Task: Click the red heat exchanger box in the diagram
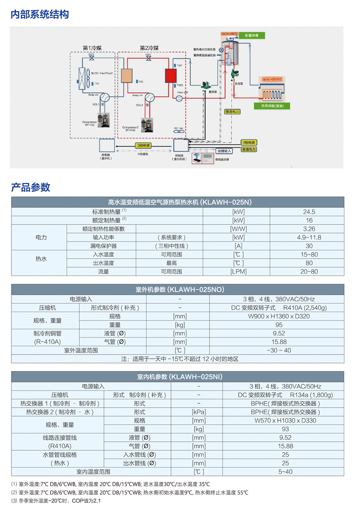tap(170, 76)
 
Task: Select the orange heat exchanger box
tap(126, 76)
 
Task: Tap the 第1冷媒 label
tap(92, 48)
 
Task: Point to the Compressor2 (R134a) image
tap(147, 125)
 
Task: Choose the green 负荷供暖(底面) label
tap(272, 106)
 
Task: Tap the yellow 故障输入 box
tap(224, 151)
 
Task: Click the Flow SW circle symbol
tap(179, 99)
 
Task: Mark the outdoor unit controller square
tap(107, 145)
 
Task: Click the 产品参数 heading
tap(30, 187)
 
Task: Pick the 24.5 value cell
tap(309, 212)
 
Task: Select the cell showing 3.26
tap(309, 229)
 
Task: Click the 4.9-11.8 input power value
tap(309, 237)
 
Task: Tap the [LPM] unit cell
tap(238, 271)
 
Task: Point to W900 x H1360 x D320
tap(279, 316)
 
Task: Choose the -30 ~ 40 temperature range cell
tap(279, 350)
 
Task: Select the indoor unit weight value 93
tap(285, 429)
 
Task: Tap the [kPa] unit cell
tap(199, 412)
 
